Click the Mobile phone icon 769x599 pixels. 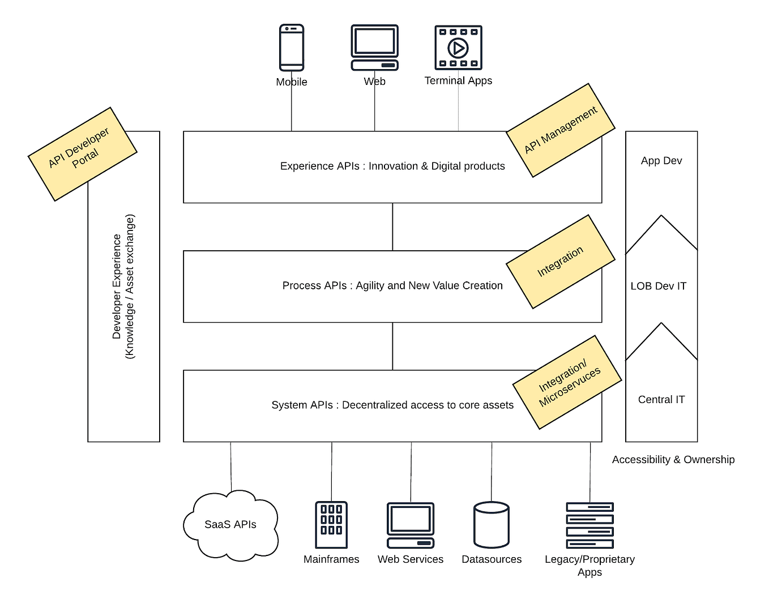(292, 48)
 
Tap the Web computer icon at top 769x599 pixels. (374, 48)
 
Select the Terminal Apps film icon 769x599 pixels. (458, 48)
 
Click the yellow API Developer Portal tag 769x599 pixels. (83, 154)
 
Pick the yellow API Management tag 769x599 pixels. (560, 130)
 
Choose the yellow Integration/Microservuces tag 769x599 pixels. (567, 382)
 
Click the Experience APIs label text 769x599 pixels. (392, 166)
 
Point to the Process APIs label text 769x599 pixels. (392, 286)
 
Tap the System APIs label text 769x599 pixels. (392, 405)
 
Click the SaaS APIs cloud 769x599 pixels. (230, 525)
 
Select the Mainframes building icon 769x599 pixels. (331, 525)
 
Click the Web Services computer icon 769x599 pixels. (411, 525)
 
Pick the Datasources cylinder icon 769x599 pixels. (492, 525)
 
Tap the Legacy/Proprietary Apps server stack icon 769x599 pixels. (589, 525)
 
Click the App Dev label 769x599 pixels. (661, 161)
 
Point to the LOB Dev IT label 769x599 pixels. (658, 286)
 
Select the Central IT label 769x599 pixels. (661, 400)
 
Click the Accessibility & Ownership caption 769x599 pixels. (673, 460)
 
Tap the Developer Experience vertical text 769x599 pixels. (123, 286)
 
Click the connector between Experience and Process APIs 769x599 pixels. (392, 226)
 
